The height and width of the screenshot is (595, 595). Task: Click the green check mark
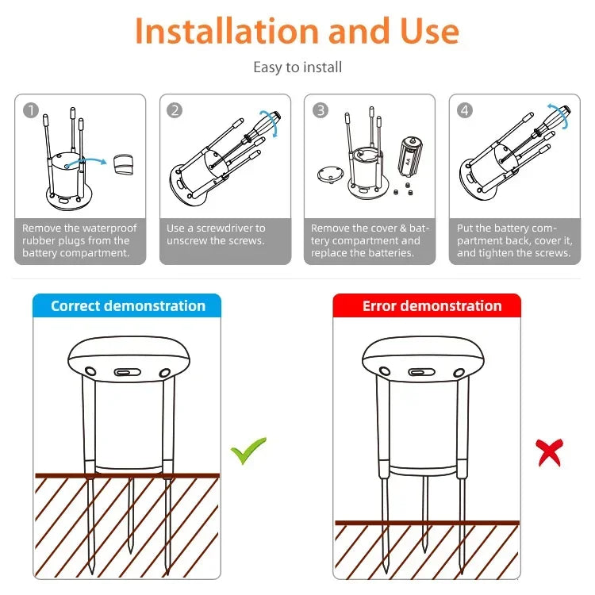click(248, 451)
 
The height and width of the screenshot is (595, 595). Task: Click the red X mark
click(549, 452)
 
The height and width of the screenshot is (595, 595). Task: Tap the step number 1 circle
click(30, 110)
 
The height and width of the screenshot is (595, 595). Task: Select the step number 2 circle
click(175, 110)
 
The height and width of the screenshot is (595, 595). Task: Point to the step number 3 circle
click(320, 110)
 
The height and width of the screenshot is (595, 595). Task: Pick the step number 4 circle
click(465, 110)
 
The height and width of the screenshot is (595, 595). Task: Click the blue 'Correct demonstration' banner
click(127, 306)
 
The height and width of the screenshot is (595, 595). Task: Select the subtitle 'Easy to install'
click(297, 67)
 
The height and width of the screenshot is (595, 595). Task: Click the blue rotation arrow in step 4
click(562, 114)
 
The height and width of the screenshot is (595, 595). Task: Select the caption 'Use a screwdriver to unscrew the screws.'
click(216, 234)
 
